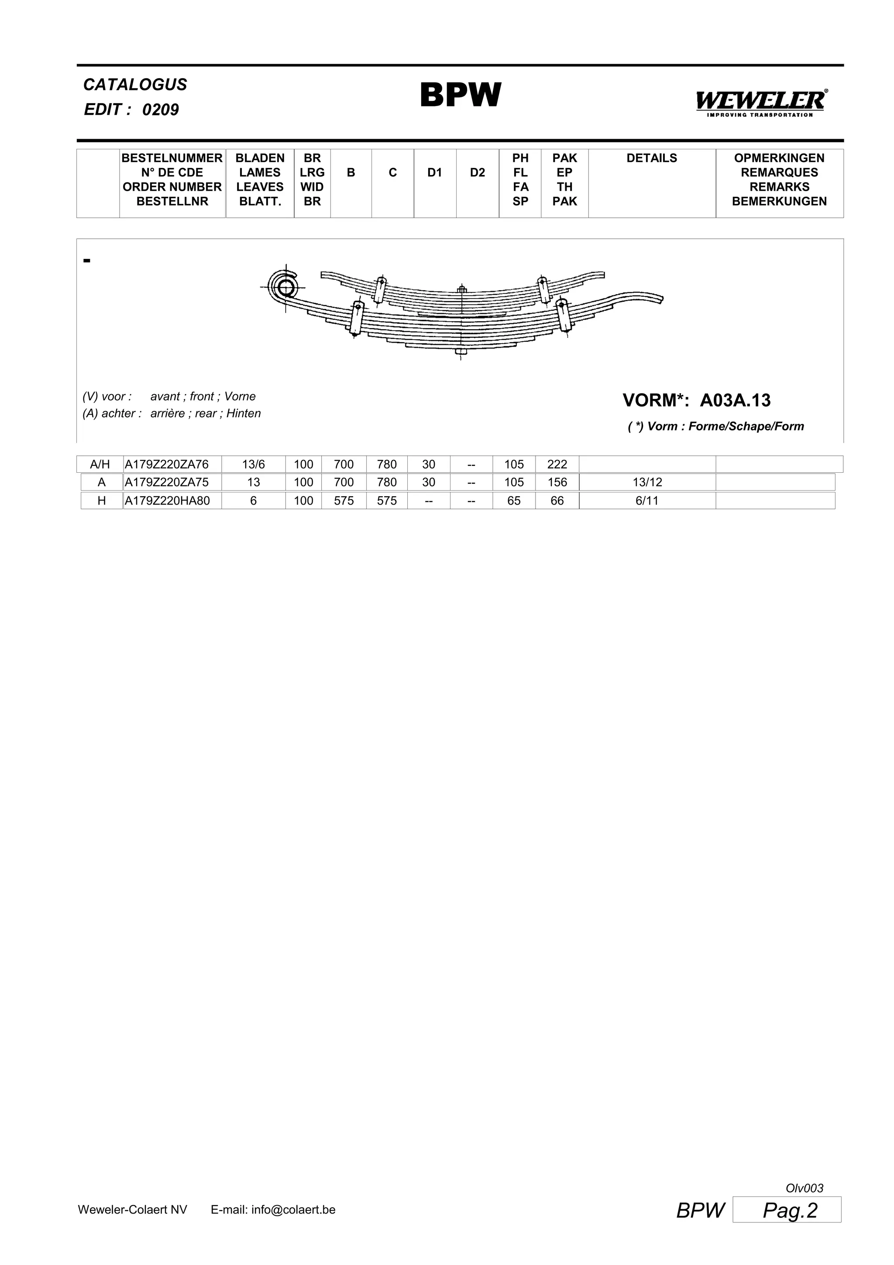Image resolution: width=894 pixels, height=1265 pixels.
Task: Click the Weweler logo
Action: tap(761, 103)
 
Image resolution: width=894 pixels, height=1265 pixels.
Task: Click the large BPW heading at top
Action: tap(461, 95)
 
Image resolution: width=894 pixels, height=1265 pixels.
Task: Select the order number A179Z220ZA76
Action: tap(167, 464)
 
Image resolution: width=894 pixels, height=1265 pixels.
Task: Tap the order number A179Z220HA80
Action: tap(168, 501)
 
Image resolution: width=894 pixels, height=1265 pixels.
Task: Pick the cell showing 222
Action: tap(557, 464)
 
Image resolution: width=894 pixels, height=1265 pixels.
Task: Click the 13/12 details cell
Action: tap(647, 483)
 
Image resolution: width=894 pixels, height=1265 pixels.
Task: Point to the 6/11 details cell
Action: tap(647, 501)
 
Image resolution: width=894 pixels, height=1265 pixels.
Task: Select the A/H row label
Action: tap(100, 464)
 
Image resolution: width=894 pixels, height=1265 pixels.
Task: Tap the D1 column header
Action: tap(435, 173)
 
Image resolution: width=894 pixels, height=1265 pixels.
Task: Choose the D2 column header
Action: tap(478, 173)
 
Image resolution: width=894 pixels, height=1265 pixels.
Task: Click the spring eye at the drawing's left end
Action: tap(285, 287)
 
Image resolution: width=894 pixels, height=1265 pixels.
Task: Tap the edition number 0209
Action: tap(160, 110)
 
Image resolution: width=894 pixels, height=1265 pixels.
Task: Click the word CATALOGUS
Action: tap(135, 85)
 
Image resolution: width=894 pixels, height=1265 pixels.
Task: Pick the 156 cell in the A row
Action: tap(557, 483)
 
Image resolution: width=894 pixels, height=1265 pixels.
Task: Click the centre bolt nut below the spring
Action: tap(461, 351)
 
